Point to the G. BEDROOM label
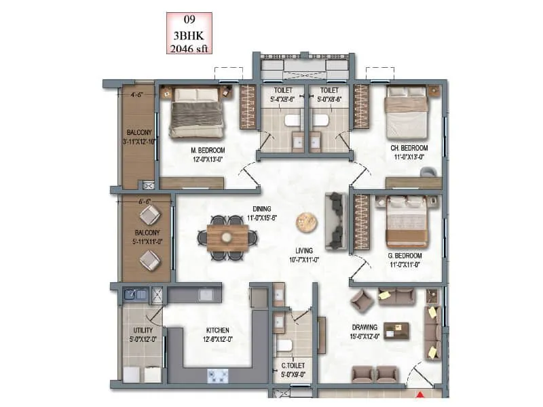(x=405, y=255)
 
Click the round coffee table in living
(x=305, y=221)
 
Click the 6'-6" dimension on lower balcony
(x=143, y=201)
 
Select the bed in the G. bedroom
(x=407, y=222)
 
